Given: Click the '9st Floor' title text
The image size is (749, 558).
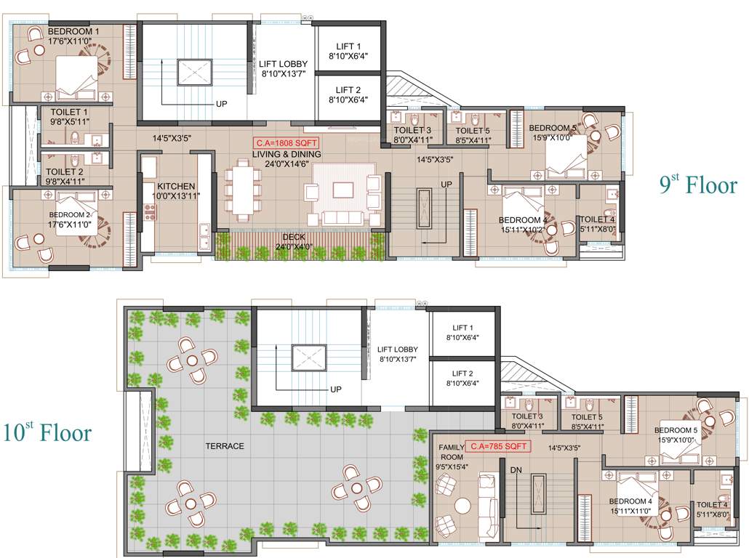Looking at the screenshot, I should (698, 185).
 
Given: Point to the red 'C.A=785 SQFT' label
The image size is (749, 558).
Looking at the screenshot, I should (498, 446).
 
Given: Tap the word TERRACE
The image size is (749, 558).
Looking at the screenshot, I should (225, 446).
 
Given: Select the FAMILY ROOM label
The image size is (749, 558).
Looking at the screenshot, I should (451, 452).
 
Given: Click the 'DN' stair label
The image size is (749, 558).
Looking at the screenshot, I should (515, 470).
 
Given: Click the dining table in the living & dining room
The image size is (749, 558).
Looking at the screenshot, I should (241, 191).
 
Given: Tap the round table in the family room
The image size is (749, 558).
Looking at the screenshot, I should (463, 505).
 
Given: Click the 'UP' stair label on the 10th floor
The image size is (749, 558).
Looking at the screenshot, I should (336, 389).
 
